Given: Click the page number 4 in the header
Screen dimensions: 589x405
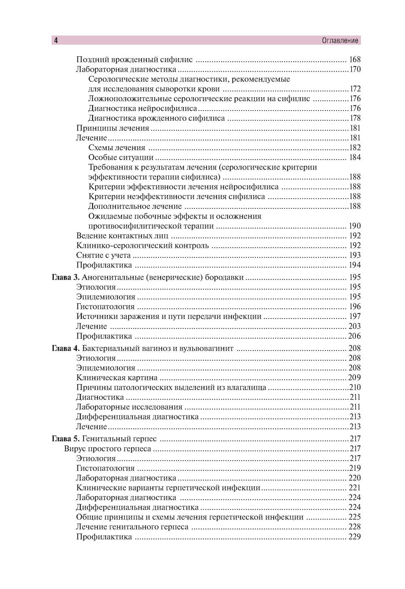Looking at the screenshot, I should point(56,40).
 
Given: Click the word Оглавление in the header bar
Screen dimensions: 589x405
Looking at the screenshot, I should point(340,40).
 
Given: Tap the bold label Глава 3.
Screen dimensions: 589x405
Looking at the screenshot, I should point(66,277).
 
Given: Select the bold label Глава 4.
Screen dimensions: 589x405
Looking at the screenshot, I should point(66,348).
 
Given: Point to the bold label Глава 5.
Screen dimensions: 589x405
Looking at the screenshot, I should point(66,438).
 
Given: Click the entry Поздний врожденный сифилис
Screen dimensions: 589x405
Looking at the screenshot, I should point(134,60).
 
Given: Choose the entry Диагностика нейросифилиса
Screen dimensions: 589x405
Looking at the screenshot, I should point(143,108).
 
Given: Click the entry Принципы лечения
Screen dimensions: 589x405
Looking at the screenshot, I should point(113,128).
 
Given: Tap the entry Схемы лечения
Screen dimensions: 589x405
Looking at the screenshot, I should point(117,148).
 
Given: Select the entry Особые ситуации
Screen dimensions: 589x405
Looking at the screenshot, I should point(121,157).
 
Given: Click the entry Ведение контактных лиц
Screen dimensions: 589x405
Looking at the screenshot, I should point(122,236).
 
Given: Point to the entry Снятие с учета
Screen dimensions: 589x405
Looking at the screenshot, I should point(103,255).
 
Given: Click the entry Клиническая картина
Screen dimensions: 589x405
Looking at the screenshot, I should point(117,378).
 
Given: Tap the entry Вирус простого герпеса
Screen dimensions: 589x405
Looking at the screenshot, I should point(108,449).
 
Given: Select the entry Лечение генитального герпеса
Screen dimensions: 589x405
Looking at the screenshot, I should point(132,527).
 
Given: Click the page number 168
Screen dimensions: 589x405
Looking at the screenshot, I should point(354,60).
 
